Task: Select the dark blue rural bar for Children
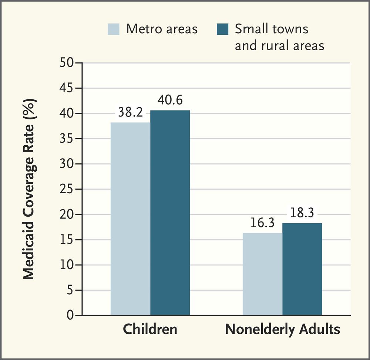(170, 213)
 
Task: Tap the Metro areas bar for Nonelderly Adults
(262, 274)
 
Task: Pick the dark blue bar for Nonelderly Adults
(302, 269)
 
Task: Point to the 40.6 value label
(170, 101)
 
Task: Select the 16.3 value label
(262, 224)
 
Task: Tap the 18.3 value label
(302, 214)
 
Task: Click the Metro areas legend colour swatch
(114, 29)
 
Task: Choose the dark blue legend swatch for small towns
(223, 29)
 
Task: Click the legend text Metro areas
(162, 29)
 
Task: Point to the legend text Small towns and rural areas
(279, 37)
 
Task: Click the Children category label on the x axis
(150, 329)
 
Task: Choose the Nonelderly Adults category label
(282, 329)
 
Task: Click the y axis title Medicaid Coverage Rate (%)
(29, 189)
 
